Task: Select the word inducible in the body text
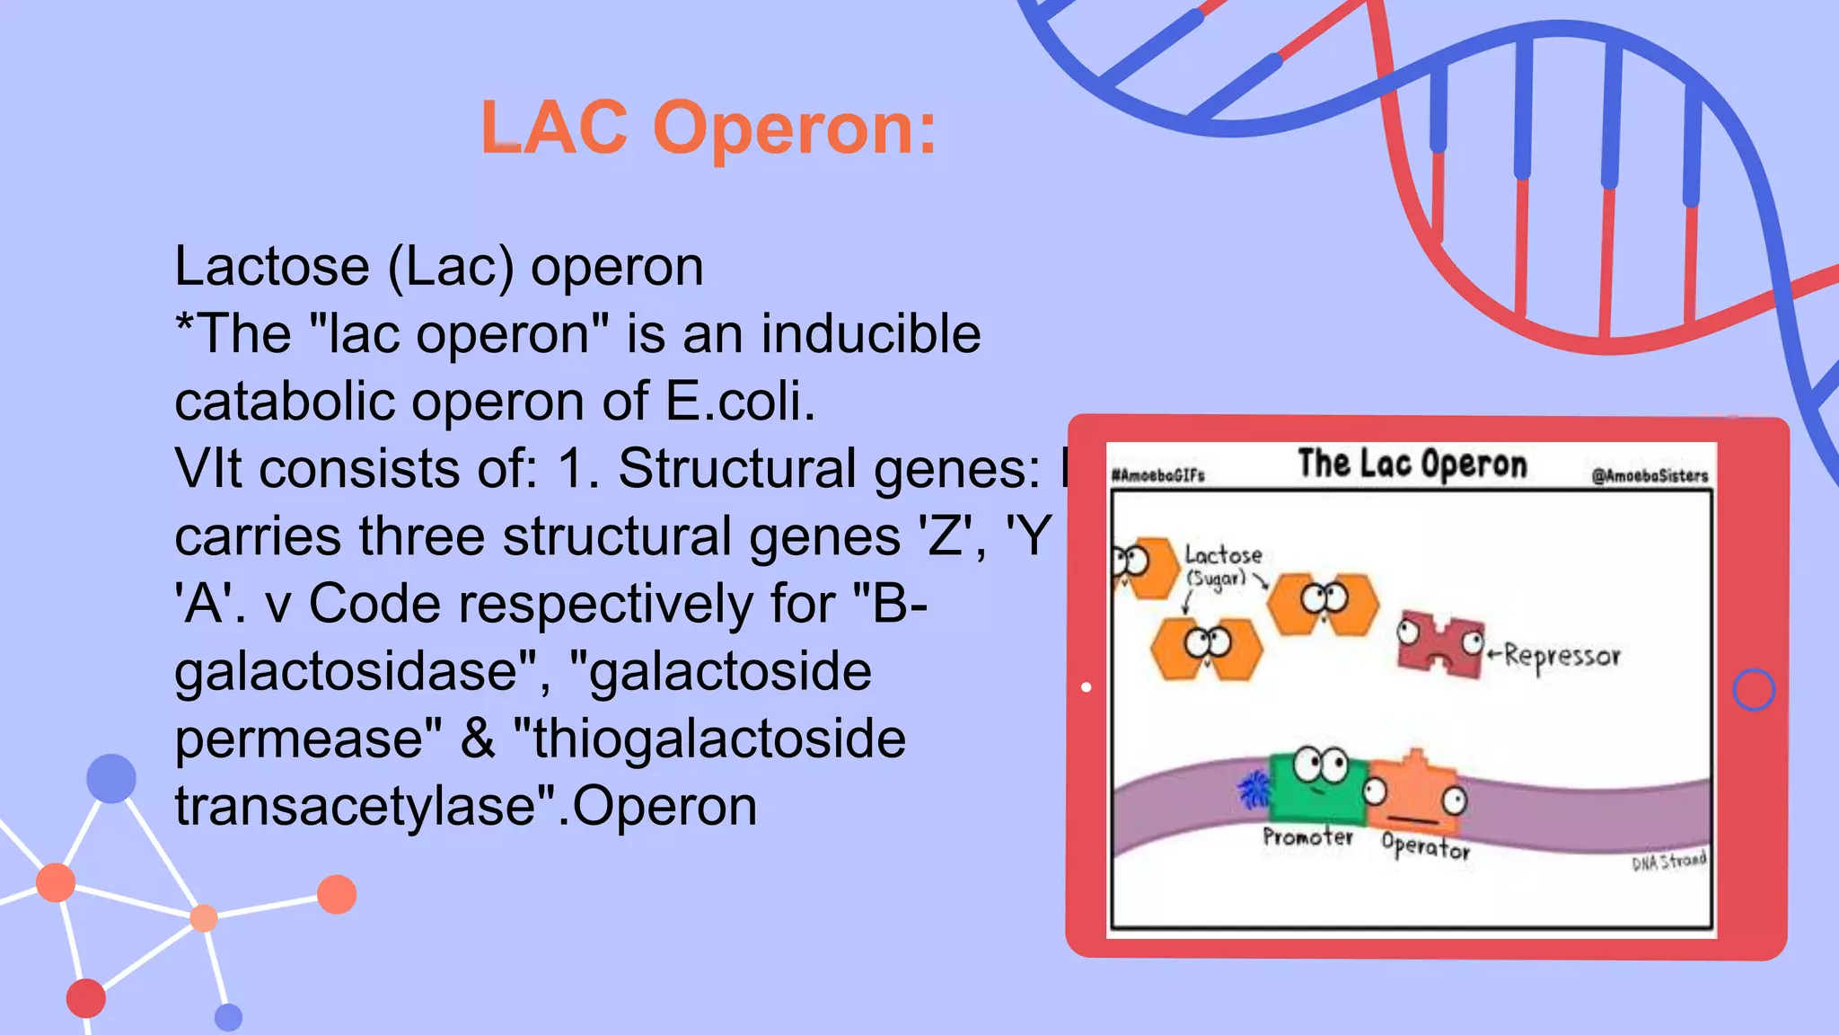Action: click(x=870, y=333)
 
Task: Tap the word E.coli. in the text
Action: click(x=740, y=401)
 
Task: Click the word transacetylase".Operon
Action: click(x=465, y=806)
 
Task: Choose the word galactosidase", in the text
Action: click(x=363, y=671)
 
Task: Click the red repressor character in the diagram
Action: click(x=1439, y=643)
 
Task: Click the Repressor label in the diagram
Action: click(x=1562, y=656)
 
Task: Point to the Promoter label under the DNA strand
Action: click(x=1307, y=837)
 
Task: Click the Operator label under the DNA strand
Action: click(x=1425, y=846)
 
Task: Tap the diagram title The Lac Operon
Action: click(x=1412, y=464)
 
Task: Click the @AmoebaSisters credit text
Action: click(x=1650, y=476)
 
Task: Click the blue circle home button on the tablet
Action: click(x=1753, y=690)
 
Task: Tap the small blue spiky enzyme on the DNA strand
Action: click(x=1252, y=791)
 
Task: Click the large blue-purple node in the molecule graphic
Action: click(x=111, y=778)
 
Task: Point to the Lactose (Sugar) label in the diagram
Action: click(x=1222, y=565)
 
